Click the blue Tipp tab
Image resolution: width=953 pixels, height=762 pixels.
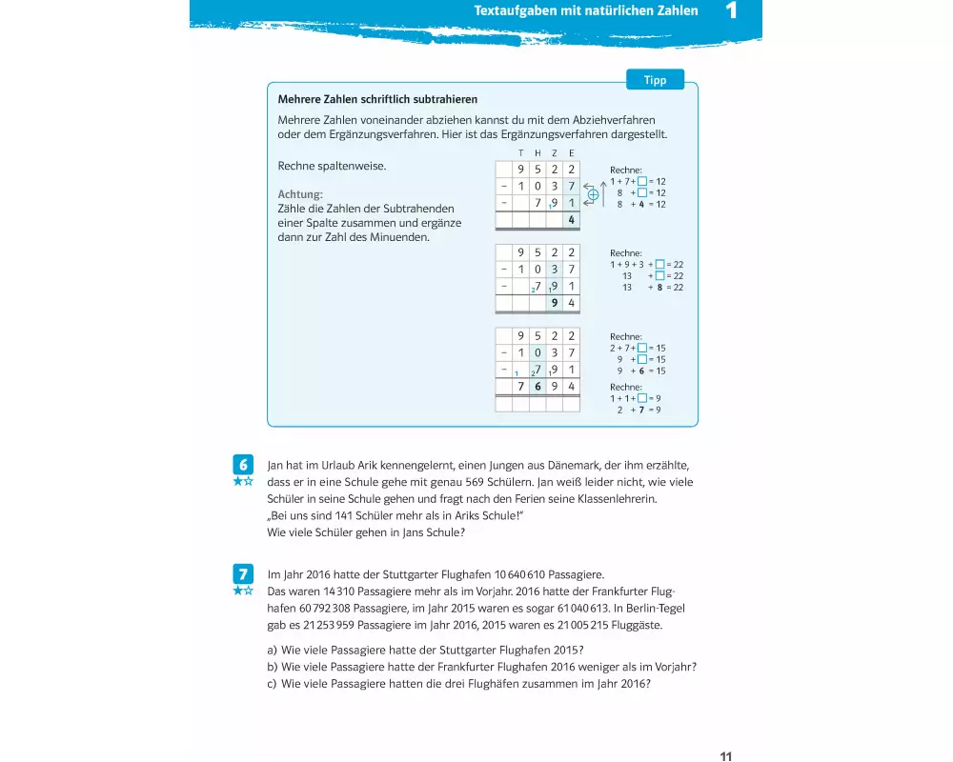656,80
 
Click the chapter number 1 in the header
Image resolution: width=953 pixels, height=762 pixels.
732,11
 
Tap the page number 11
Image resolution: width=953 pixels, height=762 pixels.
726,756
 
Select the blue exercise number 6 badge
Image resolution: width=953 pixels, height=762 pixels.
244,464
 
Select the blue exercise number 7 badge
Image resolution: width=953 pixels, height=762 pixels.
244,573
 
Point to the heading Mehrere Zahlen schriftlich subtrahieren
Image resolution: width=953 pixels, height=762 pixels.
377,99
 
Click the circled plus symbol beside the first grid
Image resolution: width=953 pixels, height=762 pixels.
593,194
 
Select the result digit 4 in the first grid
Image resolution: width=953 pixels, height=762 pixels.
571,221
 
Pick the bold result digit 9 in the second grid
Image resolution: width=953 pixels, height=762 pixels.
554,304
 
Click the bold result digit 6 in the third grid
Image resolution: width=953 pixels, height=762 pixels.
537,387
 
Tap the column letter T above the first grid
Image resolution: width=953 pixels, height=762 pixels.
520,153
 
